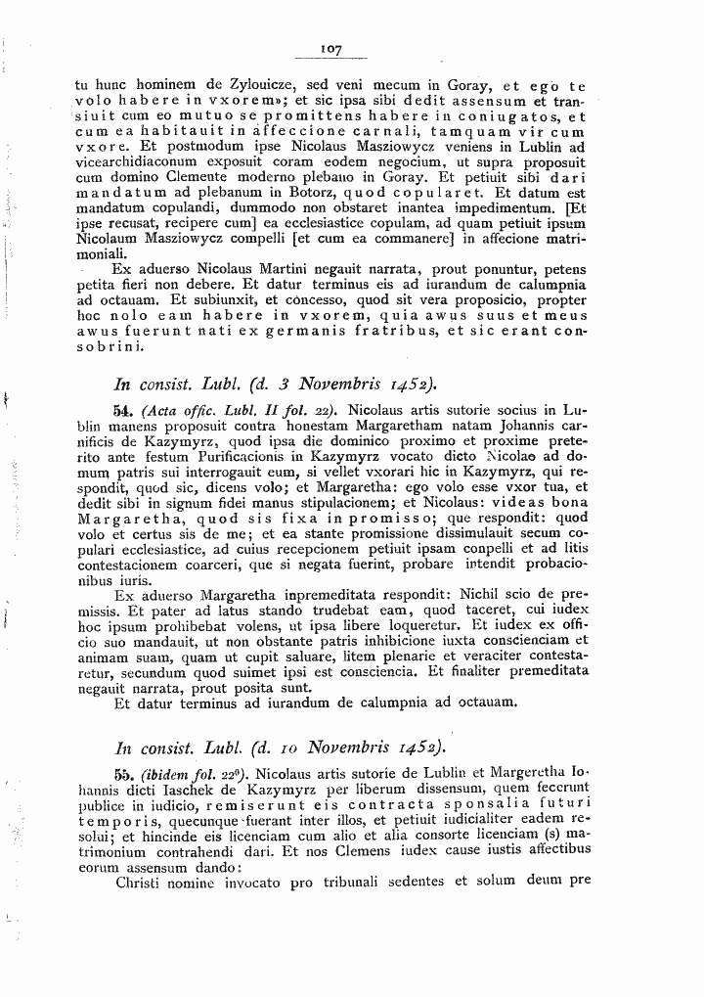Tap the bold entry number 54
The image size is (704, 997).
[x=124, y=411]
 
